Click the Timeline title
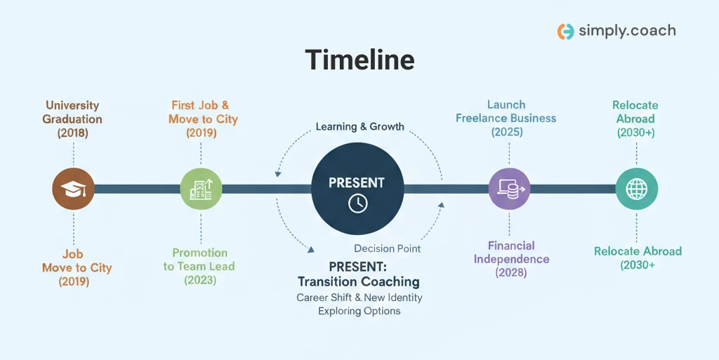pos(359,60)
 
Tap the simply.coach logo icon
pos(565,31)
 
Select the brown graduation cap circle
pos(73,189)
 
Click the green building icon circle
pos(201,189)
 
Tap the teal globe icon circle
pos(636,189)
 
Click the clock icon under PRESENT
pos(357,204)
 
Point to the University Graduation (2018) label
pos(72,119)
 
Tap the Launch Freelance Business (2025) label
pos(506,118)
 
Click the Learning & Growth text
pos(359,127)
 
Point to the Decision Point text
pos(387,248)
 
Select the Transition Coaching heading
pos(358,281)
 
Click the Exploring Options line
pos(359,311)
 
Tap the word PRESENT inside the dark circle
pos(357,182)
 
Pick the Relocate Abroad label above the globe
pos(635,119)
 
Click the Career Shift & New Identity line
pos(359,298)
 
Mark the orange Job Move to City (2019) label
pos(77,267)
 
